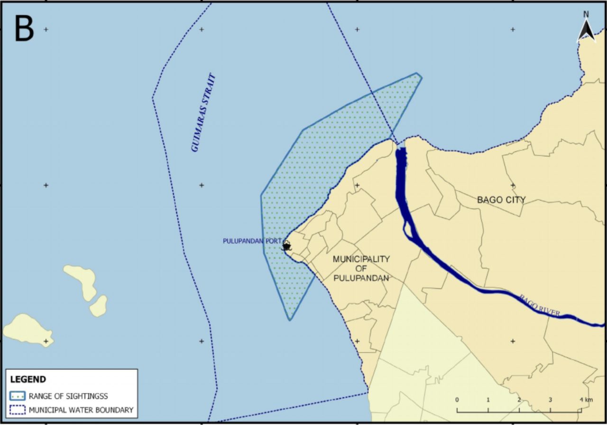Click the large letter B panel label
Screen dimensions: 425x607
[24, 28]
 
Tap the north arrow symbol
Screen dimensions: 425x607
[586, 29]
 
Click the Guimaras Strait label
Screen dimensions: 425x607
[203, 113]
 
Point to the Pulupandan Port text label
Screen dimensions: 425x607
[252, 241]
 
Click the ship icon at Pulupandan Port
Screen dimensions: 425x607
[286, 246]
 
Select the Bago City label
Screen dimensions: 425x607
[501, 200]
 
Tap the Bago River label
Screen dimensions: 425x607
[540, 306]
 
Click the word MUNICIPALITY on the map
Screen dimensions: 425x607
[361, 259]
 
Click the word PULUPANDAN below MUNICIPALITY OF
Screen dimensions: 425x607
[361, 278]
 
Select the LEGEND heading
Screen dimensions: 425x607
[28, 379]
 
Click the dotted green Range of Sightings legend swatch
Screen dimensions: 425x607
[17, 396]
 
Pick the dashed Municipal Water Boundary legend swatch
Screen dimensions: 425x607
[17, 410]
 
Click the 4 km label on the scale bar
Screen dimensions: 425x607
[585, 399]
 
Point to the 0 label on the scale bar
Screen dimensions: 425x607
[457, 399]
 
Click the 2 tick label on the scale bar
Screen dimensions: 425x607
[519, 399]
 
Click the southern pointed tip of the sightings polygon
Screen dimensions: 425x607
[290, 320]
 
